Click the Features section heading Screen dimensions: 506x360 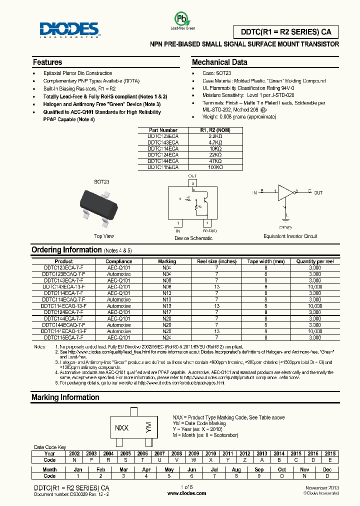click(x=47, y=62)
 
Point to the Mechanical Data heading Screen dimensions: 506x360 click(x=219, y=62)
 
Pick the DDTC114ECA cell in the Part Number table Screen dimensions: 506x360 click(x=162, y=148)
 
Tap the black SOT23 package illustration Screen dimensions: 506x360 click(x=102, y=205)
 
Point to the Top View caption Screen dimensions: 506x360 click(x=104, y=236)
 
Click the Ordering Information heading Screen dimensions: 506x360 click(x=66, y=249)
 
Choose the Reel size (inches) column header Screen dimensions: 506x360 click(x=217, y=261)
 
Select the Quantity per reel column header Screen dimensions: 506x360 click(x=315, y=261)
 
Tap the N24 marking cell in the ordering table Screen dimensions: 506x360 click(x=167, y=337)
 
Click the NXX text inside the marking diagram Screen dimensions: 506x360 click(x=121, y=428)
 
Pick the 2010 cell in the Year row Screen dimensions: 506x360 click(x=210, y=453)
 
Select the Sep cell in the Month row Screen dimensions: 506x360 click(x=259, y=469)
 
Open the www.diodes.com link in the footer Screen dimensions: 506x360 click(x=186, y=493)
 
